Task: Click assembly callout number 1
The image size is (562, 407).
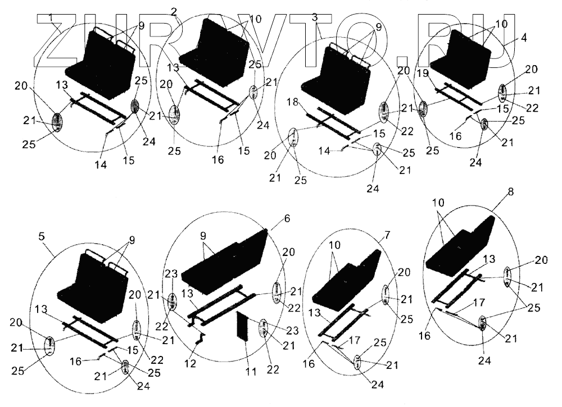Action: (51, 19)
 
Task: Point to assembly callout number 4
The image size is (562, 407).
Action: (523, 39)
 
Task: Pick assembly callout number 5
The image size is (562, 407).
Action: (41, 237)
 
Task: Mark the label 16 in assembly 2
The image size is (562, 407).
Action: (217, 160)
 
